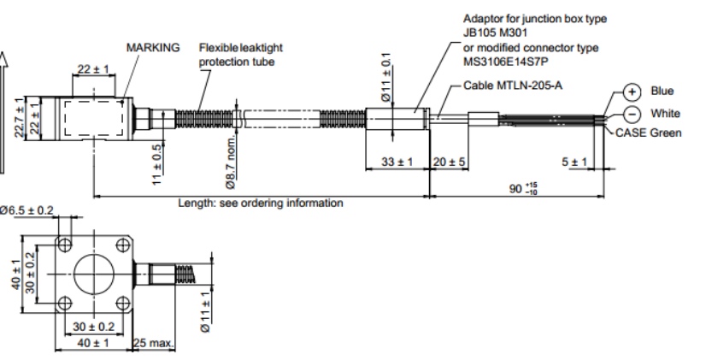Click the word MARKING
tap(153, 47)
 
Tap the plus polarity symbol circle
tap(631, 91)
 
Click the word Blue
tap(662, 91)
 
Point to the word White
tap(666, 114)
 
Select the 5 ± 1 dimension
tap(575, 162)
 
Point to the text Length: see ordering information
tap(260, 204)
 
